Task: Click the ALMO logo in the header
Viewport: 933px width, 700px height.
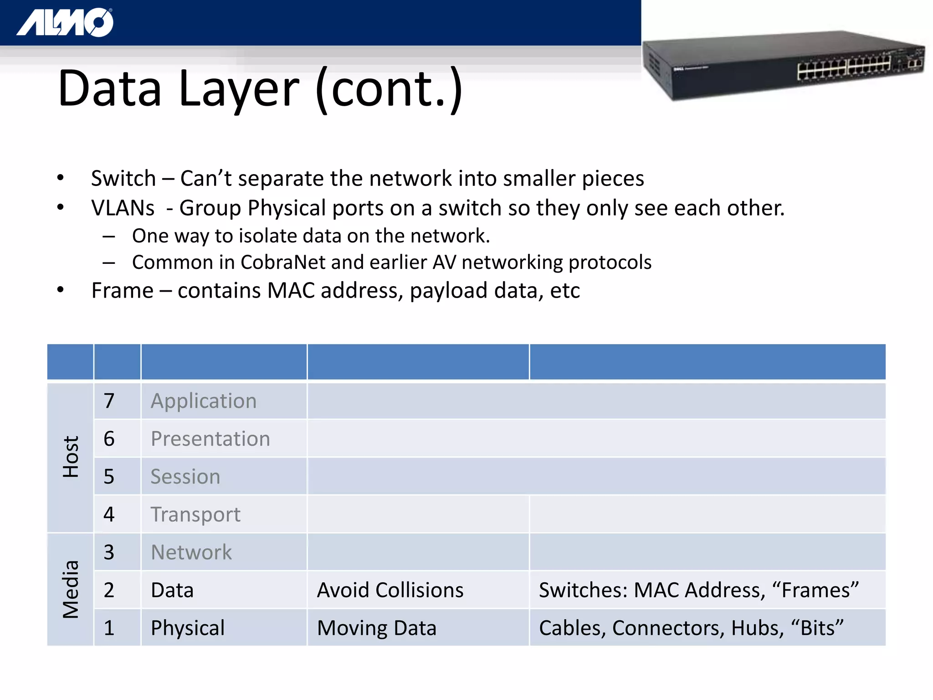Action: point(65,22)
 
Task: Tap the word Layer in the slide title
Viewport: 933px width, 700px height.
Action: point(239,89)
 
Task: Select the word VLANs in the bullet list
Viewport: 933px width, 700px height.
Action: point(123,208)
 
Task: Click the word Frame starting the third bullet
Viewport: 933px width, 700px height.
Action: point(122,290)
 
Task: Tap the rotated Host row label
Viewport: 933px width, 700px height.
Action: point(71,457)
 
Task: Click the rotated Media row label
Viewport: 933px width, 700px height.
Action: point(71,589)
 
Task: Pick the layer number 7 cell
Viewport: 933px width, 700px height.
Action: point(109,401)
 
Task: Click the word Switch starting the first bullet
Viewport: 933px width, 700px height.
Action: point(123,178)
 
